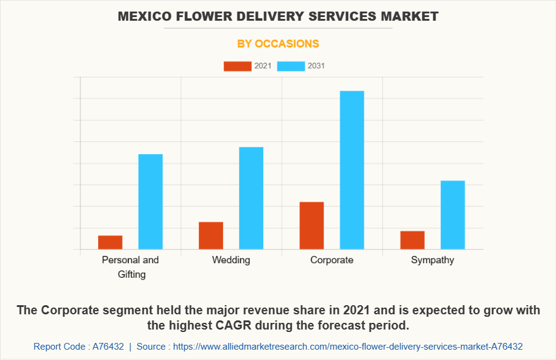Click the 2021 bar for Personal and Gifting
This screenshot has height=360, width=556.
(x=110, y=242)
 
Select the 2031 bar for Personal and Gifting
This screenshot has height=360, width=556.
(x=151, y=202)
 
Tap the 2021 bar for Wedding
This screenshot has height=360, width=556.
(x=211, y=236)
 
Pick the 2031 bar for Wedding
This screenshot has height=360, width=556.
(x=251, y=198)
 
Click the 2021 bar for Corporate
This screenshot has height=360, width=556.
(x=312, y=225)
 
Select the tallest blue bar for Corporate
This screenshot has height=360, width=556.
(x=352, y=170)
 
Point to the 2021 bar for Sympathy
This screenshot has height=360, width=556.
(x=413, y=240)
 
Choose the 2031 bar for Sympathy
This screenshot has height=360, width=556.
(x=453, y=215)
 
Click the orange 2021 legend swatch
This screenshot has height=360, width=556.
(x=237, y=66)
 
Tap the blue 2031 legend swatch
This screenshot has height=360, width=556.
(x=291, y=66)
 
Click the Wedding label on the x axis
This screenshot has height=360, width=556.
(x=231, y=260)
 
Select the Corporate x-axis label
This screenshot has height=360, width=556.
(x=332, y=260)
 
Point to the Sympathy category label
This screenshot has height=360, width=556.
(x=432, y=260)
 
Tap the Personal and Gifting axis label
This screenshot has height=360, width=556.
(x=130, y=267)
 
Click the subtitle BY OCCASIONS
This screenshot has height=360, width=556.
(x=278, y=44)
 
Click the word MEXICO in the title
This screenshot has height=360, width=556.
(x=144, y=16)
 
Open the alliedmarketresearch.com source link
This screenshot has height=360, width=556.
(x=347, y=347)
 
